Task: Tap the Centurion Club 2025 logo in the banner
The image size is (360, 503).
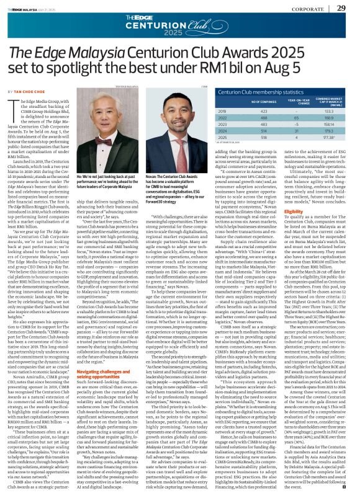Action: (179, 27)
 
